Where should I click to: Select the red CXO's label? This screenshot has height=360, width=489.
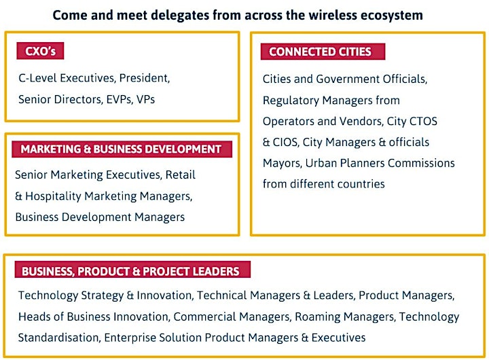[40, 51]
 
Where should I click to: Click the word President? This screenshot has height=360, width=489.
[145, 78]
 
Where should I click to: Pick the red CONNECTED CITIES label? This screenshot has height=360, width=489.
[323, 52]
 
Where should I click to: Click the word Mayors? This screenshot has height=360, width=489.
[283, 163]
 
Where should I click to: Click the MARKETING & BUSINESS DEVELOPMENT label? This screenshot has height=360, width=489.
[122, 149]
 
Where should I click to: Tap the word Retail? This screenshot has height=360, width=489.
[180, 175]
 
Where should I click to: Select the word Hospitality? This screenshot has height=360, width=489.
[54, 196]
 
